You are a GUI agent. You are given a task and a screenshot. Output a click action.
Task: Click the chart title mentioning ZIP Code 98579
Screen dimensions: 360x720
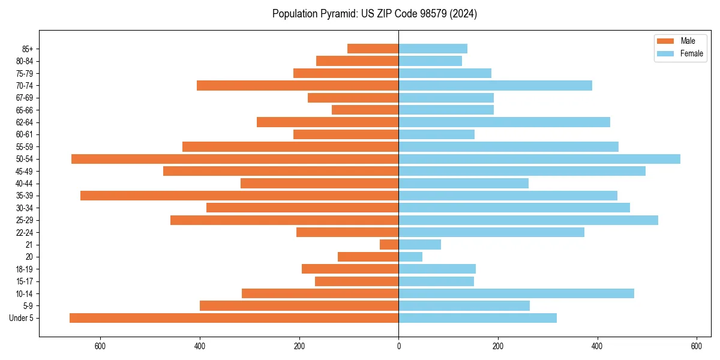coord(374,14)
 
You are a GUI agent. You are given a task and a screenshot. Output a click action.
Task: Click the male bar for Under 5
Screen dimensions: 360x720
coord(234,318)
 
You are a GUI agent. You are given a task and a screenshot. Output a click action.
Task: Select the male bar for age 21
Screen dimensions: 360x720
coord(389,245)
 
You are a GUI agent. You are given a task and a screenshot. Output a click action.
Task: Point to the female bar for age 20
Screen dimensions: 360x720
coord(410,257)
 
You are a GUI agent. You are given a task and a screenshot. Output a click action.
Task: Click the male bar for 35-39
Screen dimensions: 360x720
coord(239,196)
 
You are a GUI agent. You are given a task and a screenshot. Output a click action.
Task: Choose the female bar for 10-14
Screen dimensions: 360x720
coord(516,293)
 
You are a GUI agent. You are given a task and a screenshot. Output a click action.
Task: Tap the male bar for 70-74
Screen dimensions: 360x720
coord(298,85)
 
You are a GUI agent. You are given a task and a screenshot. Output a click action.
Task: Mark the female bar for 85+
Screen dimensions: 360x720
coord(433,49)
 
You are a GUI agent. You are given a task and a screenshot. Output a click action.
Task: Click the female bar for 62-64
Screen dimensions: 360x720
coord(504,122)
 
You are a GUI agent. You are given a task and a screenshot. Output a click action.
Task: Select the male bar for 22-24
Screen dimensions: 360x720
coord(347,232)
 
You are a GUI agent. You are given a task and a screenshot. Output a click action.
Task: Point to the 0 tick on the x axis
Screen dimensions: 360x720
coord(398,346)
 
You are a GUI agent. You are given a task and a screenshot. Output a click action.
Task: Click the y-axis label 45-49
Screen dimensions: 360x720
coord(25,171)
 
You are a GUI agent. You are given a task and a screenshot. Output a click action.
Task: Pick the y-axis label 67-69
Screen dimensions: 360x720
coord(25,98)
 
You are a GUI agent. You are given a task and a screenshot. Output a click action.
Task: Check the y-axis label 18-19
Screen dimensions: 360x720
coord(25,269)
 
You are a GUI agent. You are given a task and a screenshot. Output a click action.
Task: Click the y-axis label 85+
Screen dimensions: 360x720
coord(27,49)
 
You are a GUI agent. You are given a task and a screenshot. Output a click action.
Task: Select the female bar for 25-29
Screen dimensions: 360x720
coord(528,220)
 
